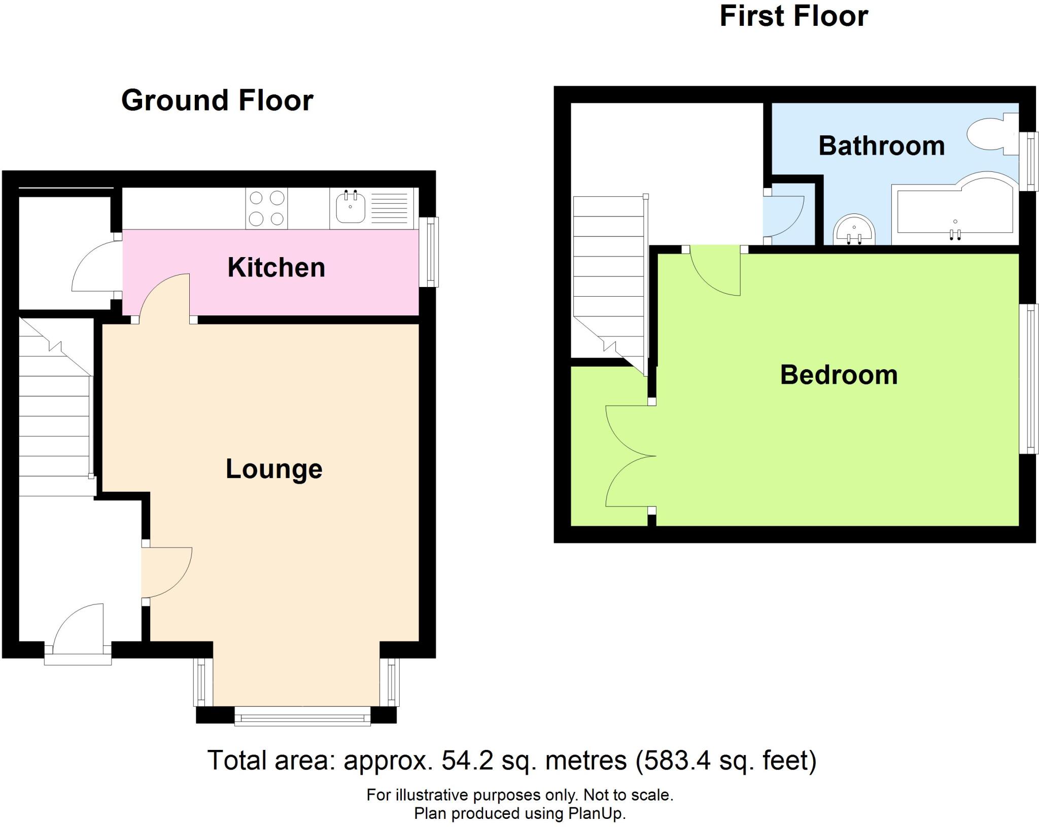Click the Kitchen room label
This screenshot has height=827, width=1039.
[x=276, y=267]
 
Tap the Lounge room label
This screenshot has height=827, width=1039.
[x=274, y=469]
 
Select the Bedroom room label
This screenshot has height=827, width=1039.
[x=839, y=375]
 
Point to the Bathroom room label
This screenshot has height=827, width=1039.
[x=881, y=146]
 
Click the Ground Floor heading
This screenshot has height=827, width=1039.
[x=217, y=100]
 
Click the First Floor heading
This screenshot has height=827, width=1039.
[x=793, y=16]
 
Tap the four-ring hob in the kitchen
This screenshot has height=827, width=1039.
[x=266, y=208]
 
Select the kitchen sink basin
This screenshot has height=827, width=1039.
[x=350, y=208]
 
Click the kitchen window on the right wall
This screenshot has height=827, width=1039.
[x=431, y=251]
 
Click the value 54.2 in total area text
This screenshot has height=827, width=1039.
[x=463, y=761]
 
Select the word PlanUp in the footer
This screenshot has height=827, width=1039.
[x=597, y=813]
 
